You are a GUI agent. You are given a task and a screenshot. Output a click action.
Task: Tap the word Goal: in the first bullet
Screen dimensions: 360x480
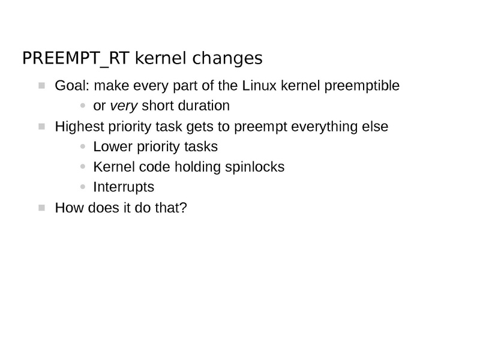pos(71,86)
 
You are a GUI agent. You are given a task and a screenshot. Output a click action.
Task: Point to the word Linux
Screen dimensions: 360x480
pos(260,86)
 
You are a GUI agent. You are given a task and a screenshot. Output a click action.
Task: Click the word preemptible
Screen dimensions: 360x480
pos(362,86)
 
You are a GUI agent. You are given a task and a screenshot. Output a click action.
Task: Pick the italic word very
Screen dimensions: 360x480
pos(124,106)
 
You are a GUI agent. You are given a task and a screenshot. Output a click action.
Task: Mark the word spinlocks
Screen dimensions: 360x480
pos(254,167)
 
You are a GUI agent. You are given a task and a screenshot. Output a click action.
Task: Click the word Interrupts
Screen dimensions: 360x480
pos(124,187)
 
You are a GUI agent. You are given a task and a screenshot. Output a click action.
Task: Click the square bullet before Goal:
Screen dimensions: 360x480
pos(41,86)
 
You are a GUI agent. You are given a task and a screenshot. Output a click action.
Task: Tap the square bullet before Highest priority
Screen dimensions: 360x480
pos(41,127)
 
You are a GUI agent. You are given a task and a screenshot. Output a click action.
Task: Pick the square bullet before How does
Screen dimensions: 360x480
pos(41,208)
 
